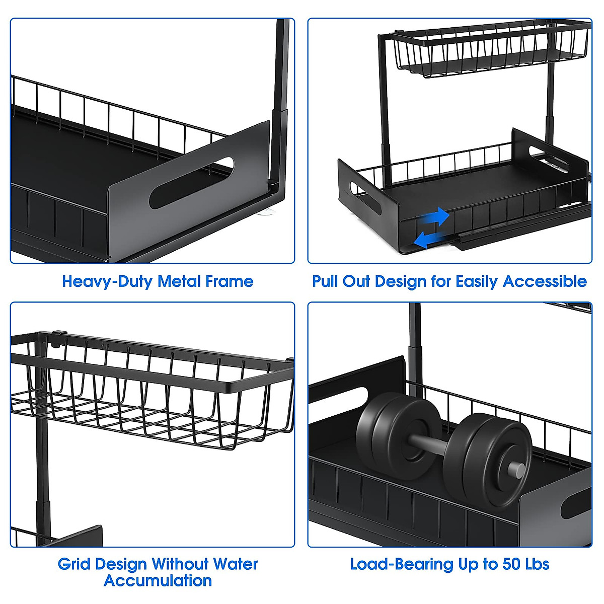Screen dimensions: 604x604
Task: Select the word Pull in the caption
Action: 326,281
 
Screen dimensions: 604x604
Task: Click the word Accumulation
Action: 158,580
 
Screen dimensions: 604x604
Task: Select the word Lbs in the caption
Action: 537,564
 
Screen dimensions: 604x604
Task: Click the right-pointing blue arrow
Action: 436,217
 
